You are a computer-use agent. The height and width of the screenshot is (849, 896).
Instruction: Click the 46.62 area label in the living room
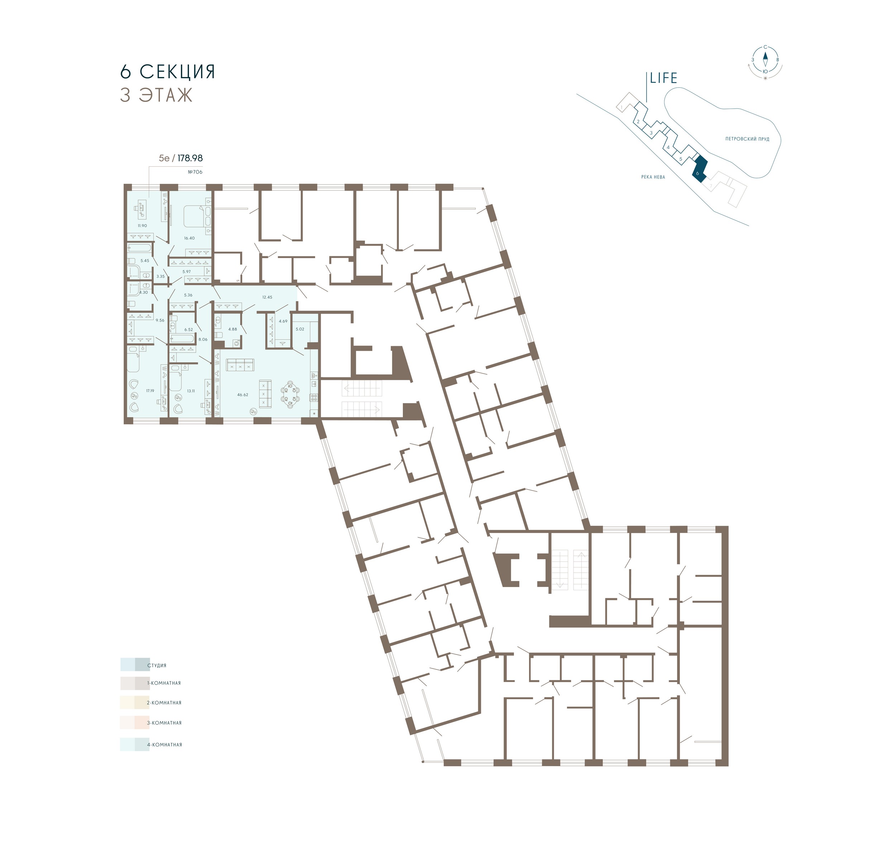tap(243, 395)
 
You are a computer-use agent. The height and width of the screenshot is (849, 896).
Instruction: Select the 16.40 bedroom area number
tap(189, 238)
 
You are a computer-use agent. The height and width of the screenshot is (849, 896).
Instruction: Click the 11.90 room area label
tap(142, 226)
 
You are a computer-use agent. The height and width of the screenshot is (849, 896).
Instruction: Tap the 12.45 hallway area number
tap(267, 297)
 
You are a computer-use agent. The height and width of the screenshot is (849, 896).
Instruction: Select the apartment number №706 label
tap(195, 172)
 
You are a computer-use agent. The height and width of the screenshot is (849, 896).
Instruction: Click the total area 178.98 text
tap(190, 158)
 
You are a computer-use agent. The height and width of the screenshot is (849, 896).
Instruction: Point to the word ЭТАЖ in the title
tap(166, 95)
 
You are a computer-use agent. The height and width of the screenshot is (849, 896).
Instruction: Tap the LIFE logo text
tap(663, 78)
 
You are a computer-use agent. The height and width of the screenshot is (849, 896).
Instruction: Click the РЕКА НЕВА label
tap(653, 177)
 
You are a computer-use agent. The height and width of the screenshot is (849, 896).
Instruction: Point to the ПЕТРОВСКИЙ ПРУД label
tap(747, 139)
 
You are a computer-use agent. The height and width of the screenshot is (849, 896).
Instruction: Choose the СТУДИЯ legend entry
tap(157, 665)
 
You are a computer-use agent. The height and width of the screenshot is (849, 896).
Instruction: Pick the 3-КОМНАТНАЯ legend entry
tap(164, 723)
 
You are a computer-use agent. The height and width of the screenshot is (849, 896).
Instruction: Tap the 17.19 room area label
tap(150, 391)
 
